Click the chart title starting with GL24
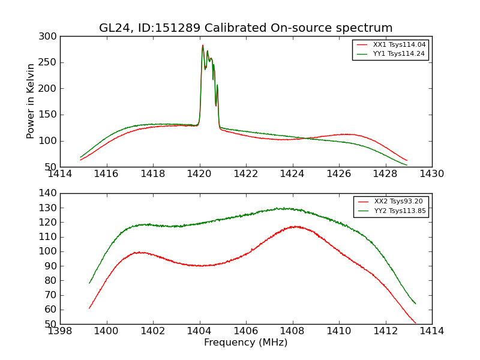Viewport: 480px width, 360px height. [x=246, y=28]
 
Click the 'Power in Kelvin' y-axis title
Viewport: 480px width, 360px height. [x=31, y=101]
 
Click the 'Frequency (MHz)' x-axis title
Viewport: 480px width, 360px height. [x=245, y=343]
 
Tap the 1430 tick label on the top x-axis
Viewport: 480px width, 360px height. [x=431, y=174]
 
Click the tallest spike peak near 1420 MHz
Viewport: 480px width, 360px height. [x=203, y=45]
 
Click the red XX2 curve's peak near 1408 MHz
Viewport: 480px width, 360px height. [x=295, y=226]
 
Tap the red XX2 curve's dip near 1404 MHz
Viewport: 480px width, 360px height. [x=202, y=265]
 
